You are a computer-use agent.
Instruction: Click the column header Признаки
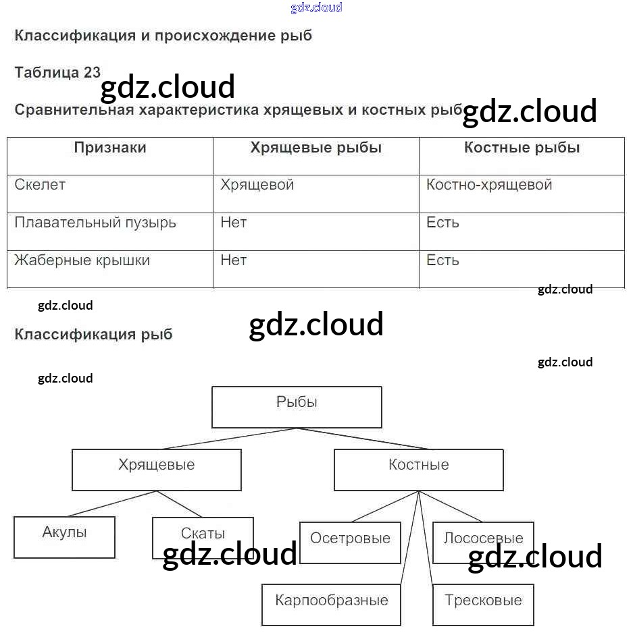tap(110, 148)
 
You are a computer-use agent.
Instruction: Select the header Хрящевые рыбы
tap(316, 148)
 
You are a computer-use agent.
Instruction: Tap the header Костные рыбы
tap(522, 148)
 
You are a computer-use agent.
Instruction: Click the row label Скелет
tap(40, 185)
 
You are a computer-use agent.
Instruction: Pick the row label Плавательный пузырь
tap(95, 223)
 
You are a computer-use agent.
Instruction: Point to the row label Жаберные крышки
tap(82, 260)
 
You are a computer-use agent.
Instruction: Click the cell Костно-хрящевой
tap(489, 186)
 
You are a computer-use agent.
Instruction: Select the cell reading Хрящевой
tap(257, 186)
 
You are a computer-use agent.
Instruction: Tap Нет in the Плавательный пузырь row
tap(234, 223)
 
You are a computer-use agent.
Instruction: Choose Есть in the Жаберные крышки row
tap(442, 260)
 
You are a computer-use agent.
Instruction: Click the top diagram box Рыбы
tap(297, 407)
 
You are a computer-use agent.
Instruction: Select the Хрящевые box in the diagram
tap(156, 470)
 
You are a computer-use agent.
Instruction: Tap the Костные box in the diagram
tap(419, 470)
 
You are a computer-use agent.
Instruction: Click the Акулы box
tap(64, 537)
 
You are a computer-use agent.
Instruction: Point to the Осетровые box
tap(350, 543)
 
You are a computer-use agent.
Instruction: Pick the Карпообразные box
tap(332, 605)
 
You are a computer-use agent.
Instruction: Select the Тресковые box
tap(483, 605)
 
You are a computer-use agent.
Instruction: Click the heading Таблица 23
tap(57, 73)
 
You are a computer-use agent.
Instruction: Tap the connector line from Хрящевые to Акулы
tap(111, 503)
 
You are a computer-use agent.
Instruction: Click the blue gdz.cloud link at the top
tap(316, 7)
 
